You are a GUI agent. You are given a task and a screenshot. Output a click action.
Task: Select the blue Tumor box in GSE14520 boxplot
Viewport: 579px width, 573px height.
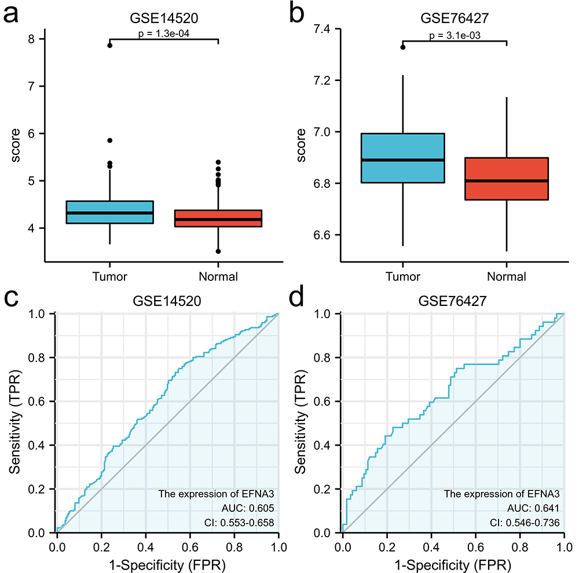point(110,212)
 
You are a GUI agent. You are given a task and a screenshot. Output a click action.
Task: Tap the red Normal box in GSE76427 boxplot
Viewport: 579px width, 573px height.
point(507,179)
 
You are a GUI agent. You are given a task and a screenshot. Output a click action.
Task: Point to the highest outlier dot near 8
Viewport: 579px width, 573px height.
point(110,45)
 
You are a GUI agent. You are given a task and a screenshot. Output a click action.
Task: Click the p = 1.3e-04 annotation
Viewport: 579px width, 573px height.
point(163,34)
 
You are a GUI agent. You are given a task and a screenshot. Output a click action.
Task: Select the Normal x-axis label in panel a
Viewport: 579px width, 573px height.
point(218,276)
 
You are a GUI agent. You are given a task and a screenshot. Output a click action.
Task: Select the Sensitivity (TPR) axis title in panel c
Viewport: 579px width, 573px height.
point(16,423)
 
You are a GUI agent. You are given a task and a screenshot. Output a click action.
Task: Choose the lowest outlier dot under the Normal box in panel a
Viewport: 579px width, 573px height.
point(218,252)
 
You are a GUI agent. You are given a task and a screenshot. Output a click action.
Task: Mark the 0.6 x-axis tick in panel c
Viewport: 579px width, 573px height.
point(190,545)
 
